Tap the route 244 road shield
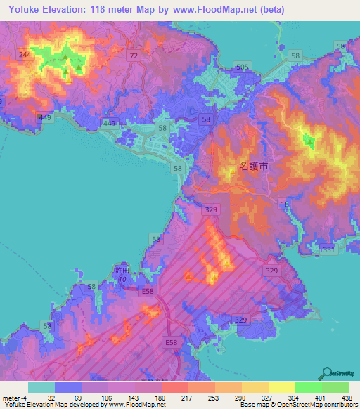[x=26, y=55]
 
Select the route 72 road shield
[x=132, y=54]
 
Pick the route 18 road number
[x=285, y=204]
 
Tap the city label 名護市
[x=252, y=167]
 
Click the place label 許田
[x=123, y=271]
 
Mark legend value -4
[x=26, y=398]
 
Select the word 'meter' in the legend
[x=12, y=398]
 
